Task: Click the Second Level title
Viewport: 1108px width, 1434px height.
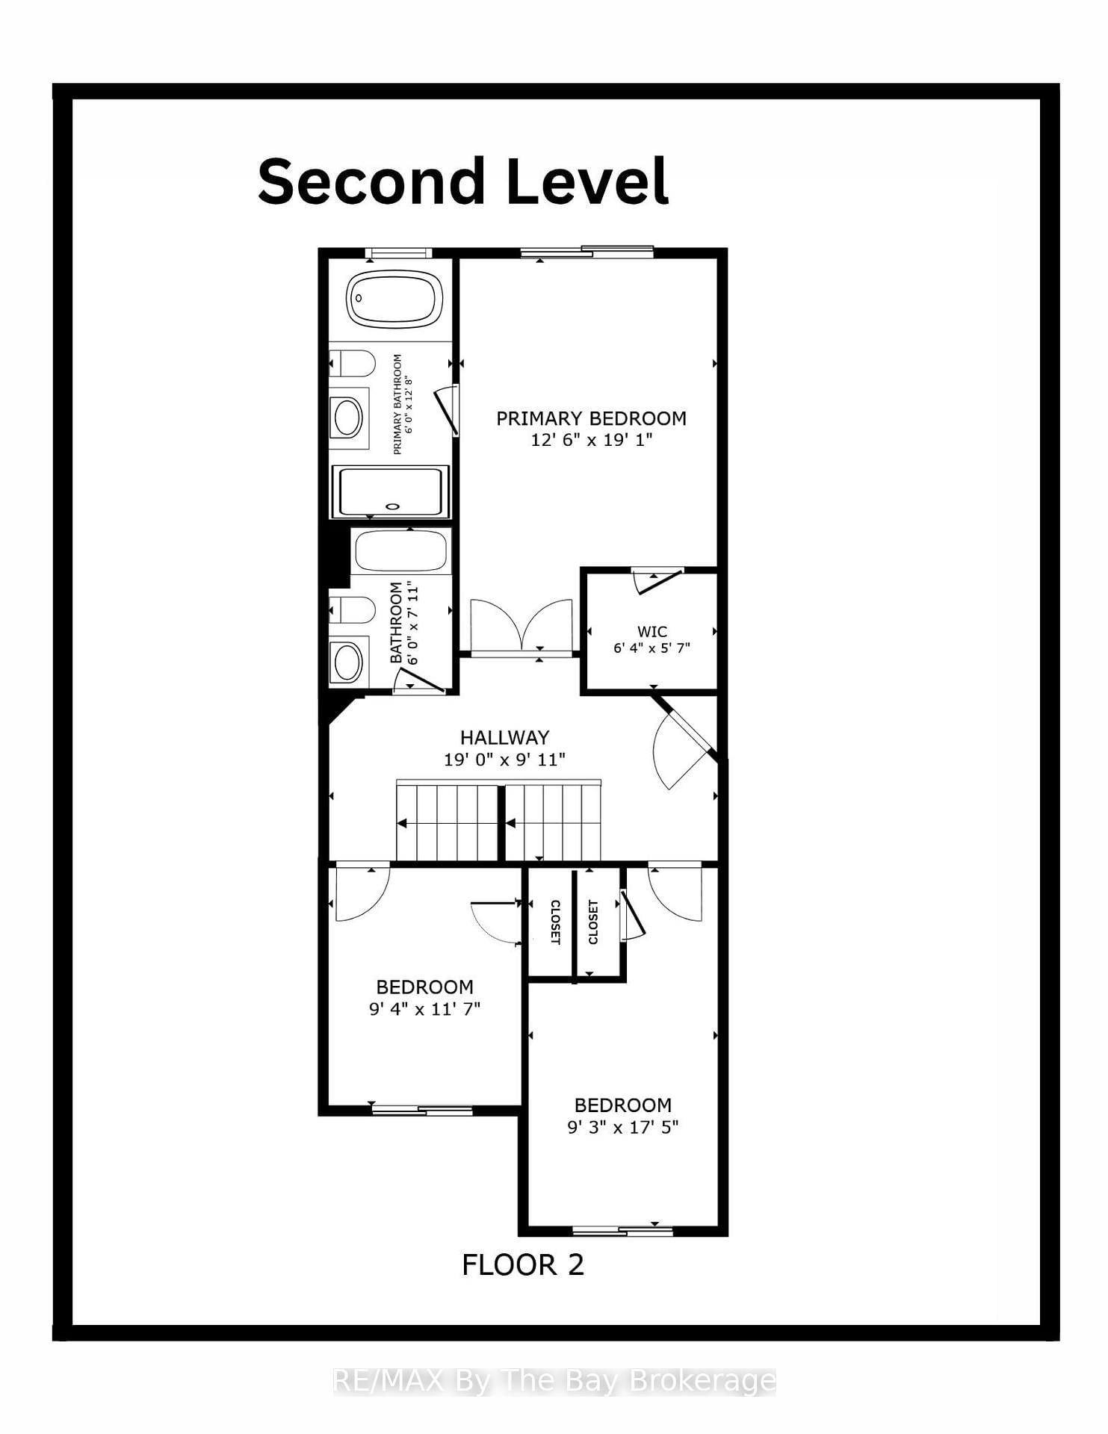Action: (462, 181)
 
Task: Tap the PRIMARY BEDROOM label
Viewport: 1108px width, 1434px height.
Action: (591, 419)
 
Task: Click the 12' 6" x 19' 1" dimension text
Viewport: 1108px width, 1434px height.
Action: (591, 440)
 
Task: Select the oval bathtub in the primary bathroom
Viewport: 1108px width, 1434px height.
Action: (394, 298)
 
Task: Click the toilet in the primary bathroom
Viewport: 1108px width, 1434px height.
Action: (353, 364)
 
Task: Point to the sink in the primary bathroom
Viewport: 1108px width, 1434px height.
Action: (348, 418)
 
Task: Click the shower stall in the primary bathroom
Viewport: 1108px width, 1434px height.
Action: (390, 491)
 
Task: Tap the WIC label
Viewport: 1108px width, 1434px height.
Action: (652, 631)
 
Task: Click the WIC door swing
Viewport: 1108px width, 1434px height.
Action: (657, 581)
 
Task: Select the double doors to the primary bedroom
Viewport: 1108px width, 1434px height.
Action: (521, 627)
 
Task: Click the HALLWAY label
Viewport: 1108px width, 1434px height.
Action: (504, 738)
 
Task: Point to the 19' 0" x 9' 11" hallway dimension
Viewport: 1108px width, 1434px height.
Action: (504, 760)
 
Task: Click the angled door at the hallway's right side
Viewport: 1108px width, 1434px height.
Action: (681, 743)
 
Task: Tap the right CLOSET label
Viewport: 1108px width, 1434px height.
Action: (593, 922)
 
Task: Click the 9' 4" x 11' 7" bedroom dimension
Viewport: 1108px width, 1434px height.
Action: (424, 1009)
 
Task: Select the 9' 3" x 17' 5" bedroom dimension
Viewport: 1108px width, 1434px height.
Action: (622, 1127)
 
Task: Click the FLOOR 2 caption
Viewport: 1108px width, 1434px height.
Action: (522, 1265)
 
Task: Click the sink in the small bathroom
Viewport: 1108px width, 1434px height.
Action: (347, 661)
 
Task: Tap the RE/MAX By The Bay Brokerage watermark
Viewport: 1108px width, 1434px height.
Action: (554, 1382)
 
